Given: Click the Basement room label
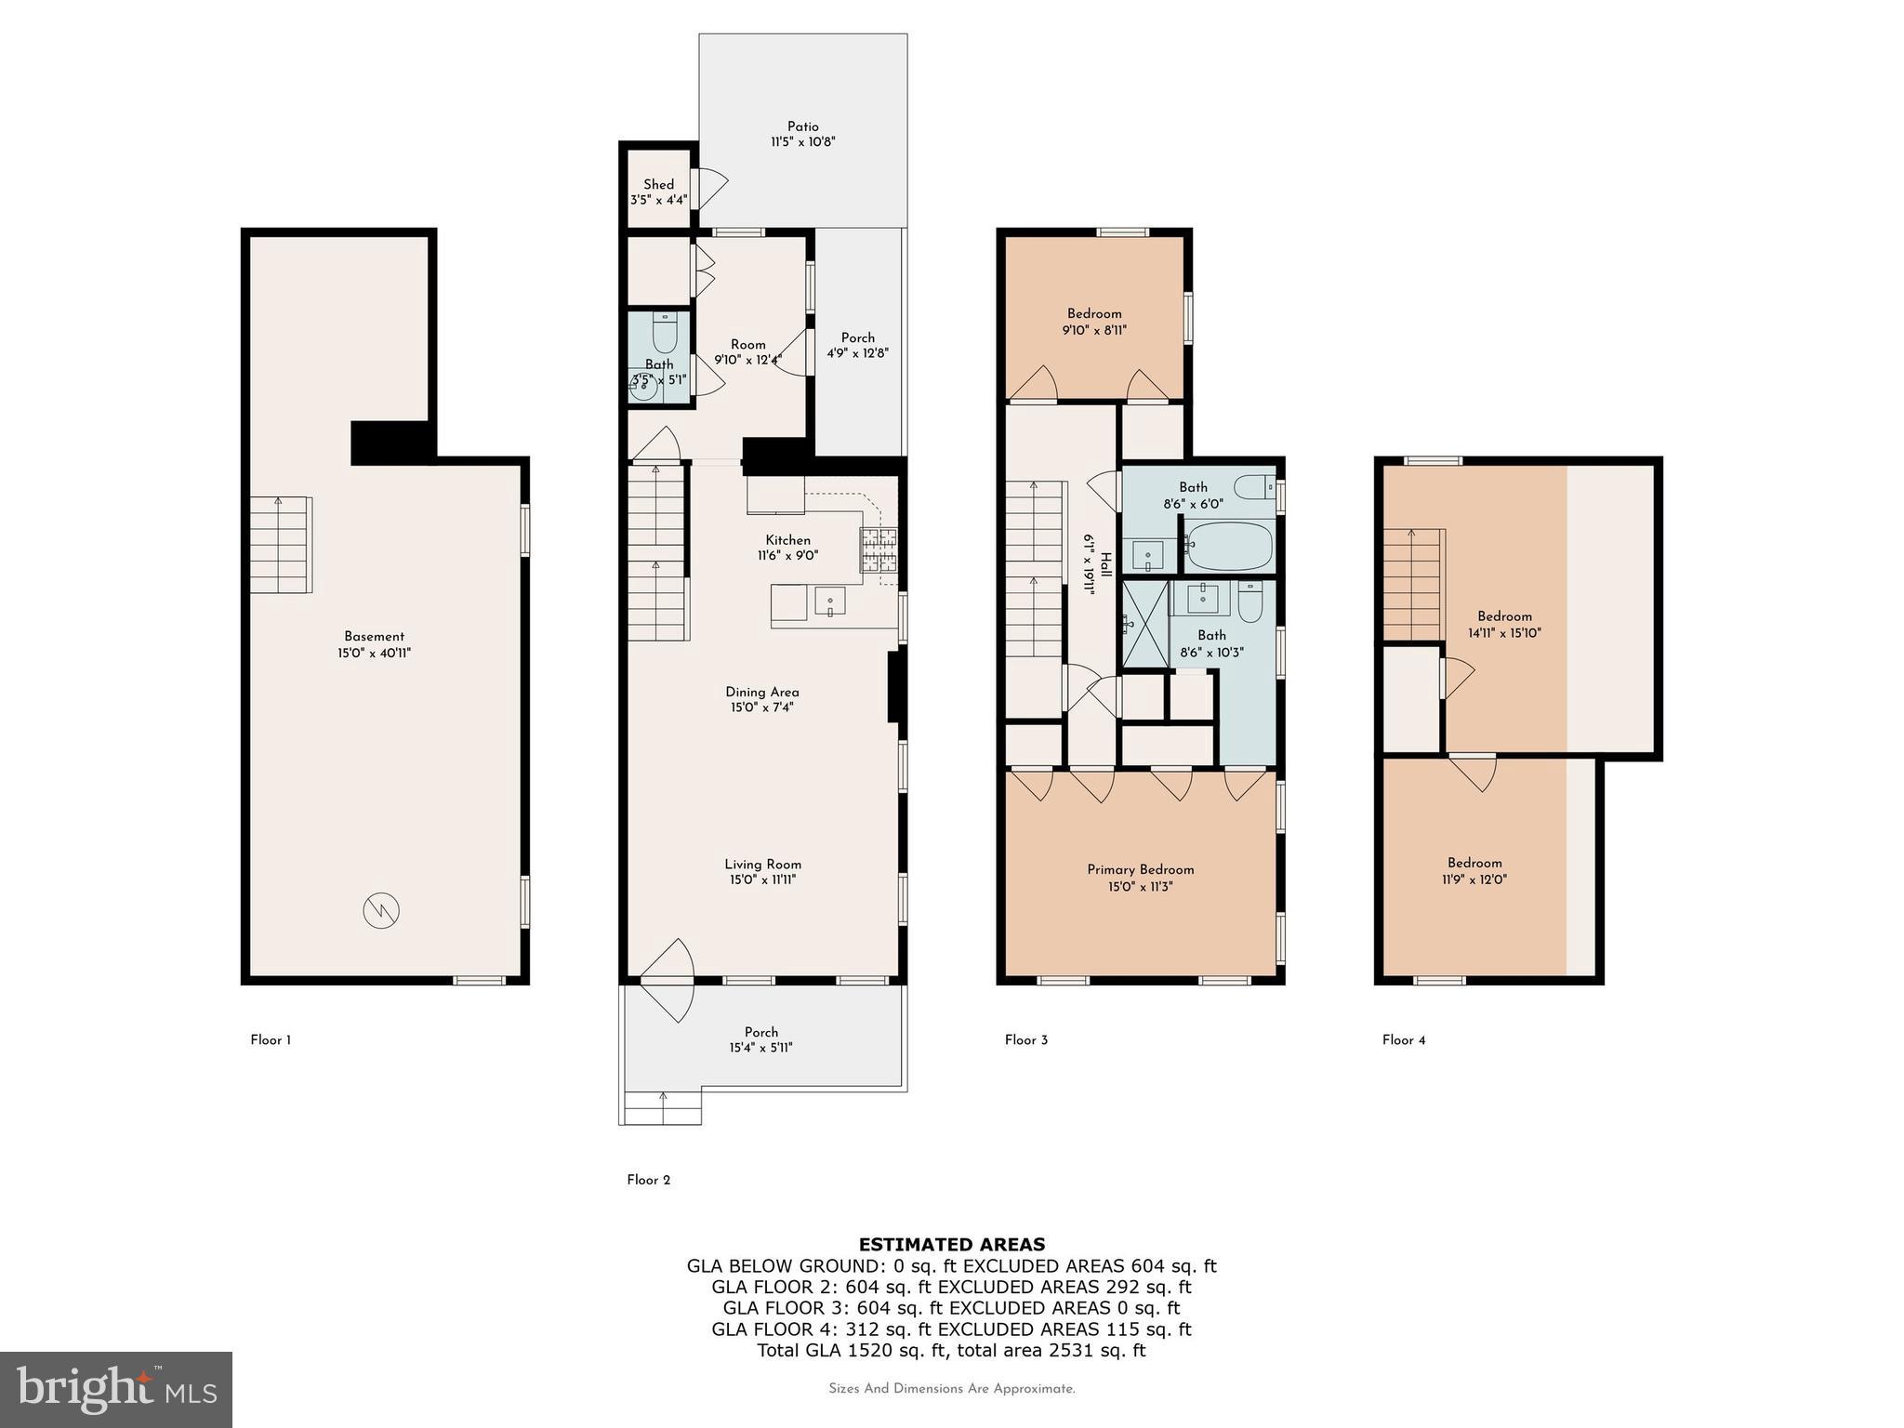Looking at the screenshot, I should click(x=374, y=637).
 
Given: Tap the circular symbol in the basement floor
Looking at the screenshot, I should click(x=381, y=909).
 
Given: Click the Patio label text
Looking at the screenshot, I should click(x=803, y=126).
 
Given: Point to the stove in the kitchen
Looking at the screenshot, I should click(x=875, y=549).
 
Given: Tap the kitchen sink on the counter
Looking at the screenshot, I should click(x=829, y=602).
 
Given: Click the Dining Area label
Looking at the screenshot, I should click(x=761, y=692).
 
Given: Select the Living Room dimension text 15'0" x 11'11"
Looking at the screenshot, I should click(x=762, y=879).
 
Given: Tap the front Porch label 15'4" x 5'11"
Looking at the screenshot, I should click(x=761, y=1039).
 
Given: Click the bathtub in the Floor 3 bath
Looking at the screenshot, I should click(x=1228, y=547).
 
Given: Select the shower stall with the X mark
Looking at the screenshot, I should click(x=1144, y=624).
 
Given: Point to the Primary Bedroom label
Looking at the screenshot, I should click(x=1140, y=870).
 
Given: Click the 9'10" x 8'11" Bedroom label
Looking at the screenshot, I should click(x=1094, y=322).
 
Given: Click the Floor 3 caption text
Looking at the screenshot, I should click(x=1025, y=1040).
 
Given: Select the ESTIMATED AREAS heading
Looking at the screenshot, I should click(x=951, y=1245).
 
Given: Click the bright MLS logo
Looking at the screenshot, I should click(x=116, y=1389).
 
